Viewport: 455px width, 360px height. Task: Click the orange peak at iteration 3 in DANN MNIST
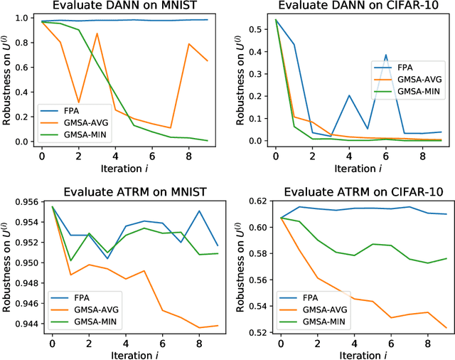point(97,33)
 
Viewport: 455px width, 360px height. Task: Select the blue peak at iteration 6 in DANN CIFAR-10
point(386,55)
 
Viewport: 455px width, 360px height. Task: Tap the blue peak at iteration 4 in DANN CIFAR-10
point(349,95)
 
